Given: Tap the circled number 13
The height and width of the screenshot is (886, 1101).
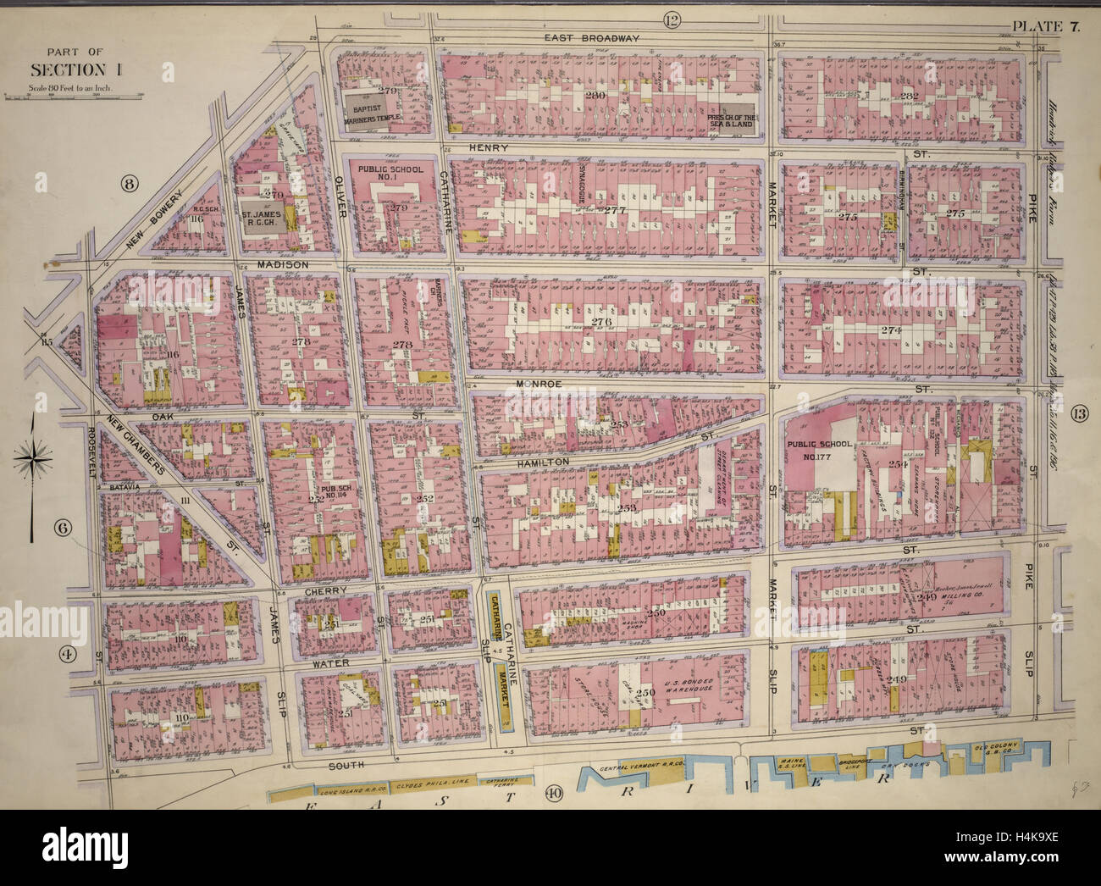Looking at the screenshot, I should (x=1077, y=414).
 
